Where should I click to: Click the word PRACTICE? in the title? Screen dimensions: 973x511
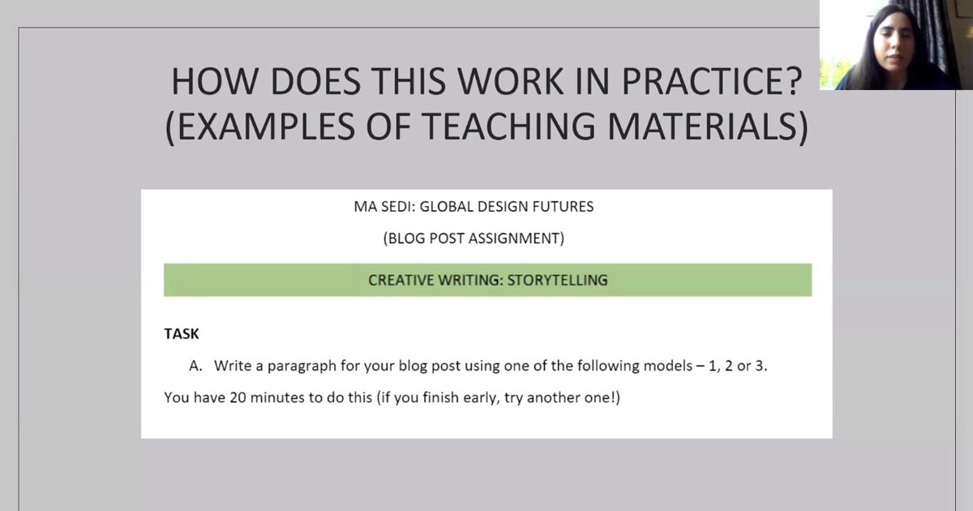click(712, 82)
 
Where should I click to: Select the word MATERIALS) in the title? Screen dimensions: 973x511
click(708, 127)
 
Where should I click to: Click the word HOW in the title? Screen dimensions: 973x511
click(216, 82)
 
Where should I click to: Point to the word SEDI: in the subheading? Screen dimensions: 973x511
click(398, 206)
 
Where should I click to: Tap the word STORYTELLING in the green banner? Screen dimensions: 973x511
click(557, 281)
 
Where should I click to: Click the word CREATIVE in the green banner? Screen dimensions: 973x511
click(401, 281)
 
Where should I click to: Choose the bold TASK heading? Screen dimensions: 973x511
click(182, 333)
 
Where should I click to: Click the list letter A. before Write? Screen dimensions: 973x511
click(195, 366)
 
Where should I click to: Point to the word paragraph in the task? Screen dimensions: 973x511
click(302, 367)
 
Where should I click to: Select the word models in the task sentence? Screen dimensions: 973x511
click(667, 366)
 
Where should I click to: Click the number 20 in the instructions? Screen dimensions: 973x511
click(238, 397)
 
